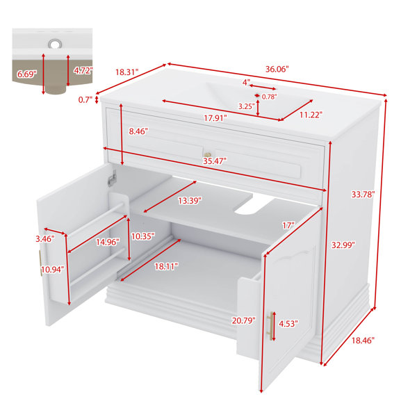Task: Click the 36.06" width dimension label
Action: coord(277,69)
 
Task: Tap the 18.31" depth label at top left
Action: coord(127,72)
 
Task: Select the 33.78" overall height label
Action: coord(363,195)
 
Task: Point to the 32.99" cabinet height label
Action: coord(343,245)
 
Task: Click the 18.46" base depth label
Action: coord(363,340)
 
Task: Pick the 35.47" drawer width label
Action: coord(215,161)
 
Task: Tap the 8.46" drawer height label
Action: coord(138,131)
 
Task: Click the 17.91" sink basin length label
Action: coord(215,118)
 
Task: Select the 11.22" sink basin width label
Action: coord(311,115)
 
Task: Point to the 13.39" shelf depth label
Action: coord(190,201)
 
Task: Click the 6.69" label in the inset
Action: coord(27,74)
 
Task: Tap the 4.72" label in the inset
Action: coord(83,70)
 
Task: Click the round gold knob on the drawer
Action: coord(208,154)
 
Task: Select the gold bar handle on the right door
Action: coord(270,327)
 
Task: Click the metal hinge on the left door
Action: coord(113,177)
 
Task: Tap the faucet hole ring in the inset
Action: coord(55,44)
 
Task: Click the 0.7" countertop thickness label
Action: coord(85,100)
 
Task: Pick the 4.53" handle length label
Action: coord(288,324)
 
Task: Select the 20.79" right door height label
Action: coord(243,320)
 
